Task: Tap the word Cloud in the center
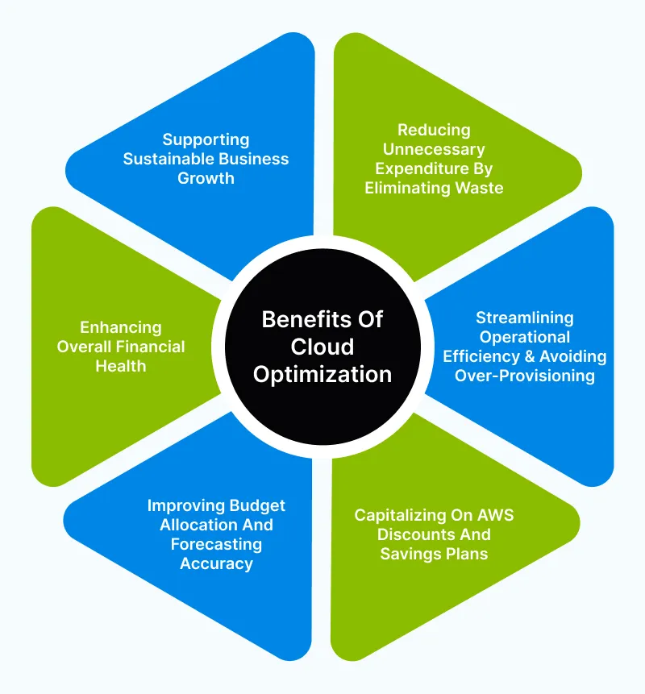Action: click(322, 347)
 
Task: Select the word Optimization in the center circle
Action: click(322, 375)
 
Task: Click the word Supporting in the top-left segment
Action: click(206, 139)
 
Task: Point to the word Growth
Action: click(206, 178)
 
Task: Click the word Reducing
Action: click(434, 130)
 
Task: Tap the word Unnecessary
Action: click(434, 149)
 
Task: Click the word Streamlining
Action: click(524, 317)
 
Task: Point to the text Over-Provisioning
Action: click(524, 375)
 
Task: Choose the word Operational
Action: click(524, 336)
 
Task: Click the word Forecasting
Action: click(216, 544)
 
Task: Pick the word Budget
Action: click(256, 505)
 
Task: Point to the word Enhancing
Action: click(120, 327)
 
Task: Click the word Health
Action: click(120, 366)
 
